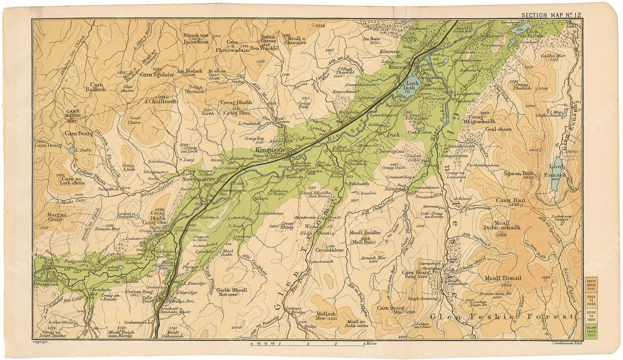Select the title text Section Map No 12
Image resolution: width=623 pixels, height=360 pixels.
[551, 15]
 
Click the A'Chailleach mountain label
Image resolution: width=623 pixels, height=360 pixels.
[160, 101]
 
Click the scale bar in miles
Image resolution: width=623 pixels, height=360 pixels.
[307, 344]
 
